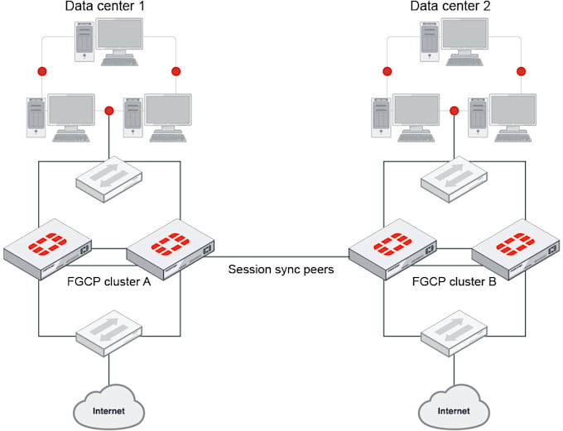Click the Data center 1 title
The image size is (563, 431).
pyautogui.click(x=105, y=6)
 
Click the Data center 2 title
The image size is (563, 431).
pyautogui.click(x=450, y=6)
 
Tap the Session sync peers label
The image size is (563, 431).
pyautogui.click(x=281, y=269)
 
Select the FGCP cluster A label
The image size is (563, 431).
pyautogui.click(x=108, y=282)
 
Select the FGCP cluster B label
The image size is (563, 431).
pyautogui.click(x=455, y=282)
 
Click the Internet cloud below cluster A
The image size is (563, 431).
pyautogui.click(x=108, y=408)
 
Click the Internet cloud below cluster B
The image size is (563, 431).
pyautogui.click(x=454, y=408)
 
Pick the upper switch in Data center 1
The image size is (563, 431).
pyautogui.click(x=108, y=179)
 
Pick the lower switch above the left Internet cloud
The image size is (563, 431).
pyautogui.click(x=108, y=333)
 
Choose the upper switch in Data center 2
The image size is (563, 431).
pyautogui.click(x=454, y=179)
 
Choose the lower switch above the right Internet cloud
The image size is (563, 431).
pyautogui.click(x=454, y=333)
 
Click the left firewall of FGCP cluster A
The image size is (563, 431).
pyautogui.click(x=47, y=249)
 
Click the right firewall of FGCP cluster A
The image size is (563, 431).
pyautogui.click(x=171, y=249)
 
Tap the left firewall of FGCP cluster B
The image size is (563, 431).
pyautogui.click(x=392, y=249)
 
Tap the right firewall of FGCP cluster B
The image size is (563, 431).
pyautogui.click(x=516, y=249)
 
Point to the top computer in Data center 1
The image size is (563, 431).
pyautogui.click(x=108, y=42)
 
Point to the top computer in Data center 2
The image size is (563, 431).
pyautogui.click(x=455, y=42)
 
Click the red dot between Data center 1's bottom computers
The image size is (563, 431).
pyautogui.click(x=109, y=111)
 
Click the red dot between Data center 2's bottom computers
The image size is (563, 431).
pyautogui.click(x=455, y=111)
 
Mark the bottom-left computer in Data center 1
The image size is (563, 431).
pyautogui.click(x=60, y=117)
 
